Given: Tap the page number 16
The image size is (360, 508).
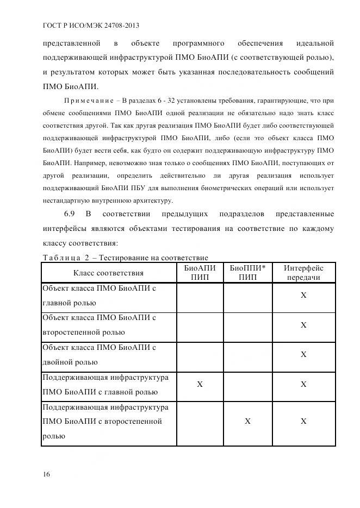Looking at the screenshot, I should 46,474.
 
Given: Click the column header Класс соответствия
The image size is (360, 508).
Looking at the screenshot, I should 108,273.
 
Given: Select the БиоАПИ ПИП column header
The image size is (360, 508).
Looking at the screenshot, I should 200,273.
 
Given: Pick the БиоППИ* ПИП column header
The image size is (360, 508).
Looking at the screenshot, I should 247,273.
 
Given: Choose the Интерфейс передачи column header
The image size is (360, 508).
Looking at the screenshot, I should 303,273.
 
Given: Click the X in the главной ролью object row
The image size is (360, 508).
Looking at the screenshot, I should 303,295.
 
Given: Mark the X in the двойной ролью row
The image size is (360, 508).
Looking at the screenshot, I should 303,355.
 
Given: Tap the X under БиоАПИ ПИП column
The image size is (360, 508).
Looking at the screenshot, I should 200,384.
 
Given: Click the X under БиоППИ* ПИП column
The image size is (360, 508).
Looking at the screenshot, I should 247,421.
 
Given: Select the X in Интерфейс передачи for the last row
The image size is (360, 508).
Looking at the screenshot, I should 303,421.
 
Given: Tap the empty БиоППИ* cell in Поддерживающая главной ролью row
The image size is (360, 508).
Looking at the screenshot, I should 247,384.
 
